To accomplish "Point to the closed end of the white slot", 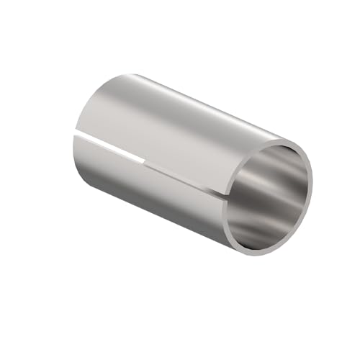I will (x=146, y=158).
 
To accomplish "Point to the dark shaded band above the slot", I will (x=144, y=137).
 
